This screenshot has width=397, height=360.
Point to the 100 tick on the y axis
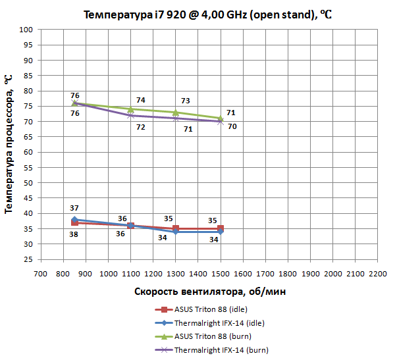(26, 30)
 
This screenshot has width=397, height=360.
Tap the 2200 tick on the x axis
(377, 272)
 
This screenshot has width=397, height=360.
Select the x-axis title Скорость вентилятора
(208, 291)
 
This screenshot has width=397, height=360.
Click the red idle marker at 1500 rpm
(221, 228)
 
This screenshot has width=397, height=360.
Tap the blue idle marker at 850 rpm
(74, 220)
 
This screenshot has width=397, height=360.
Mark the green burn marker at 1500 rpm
(221, 118)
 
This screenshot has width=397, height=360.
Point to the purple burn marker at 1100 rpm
(130, 115)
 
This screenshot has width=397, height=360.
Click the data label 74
(140, 100)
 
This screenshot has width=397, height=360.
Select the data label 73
(185, 101)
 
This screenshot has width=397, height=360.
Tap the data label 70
(232, 126)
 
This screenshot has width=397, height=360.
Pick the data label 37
(74, 208)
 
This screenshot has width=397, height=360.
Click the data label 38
(74, 234)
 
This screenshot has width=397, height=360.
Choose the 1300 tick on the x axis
(175, 272)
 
